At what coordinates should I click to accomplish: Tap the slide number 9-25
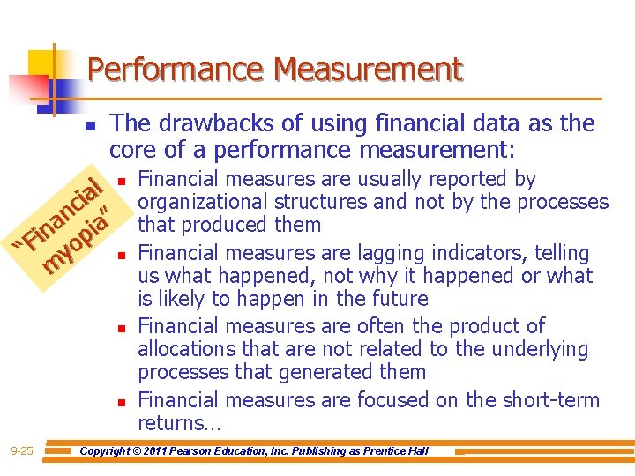[x=22, y=451]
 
